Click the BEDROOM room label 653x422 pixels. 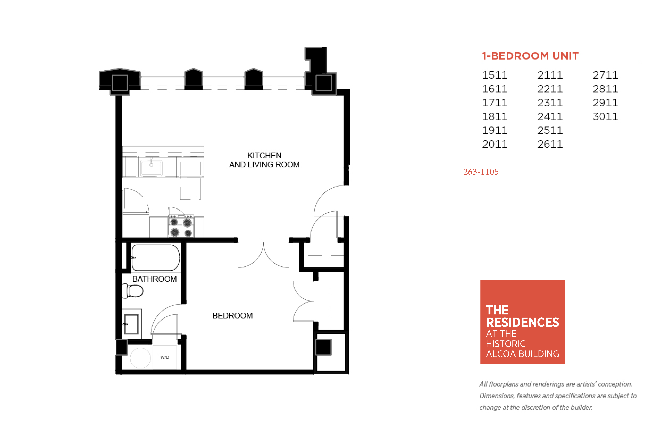[x=233, y=316]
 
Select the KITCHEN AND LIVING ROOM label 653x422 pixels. [x=264, y=160]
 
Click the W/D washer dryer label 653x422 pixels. [x=165, y=357]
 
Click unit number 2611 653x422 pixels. [x=550, y=144]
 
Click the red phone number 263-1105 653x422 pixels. [x=481, y=172]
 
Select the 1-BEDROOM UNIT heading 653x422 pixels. [x=530, y=56]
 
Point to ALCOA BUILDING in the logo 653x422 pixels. [x=522, y=354]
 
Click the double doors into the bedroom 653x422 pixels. [x=263, y=255]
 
